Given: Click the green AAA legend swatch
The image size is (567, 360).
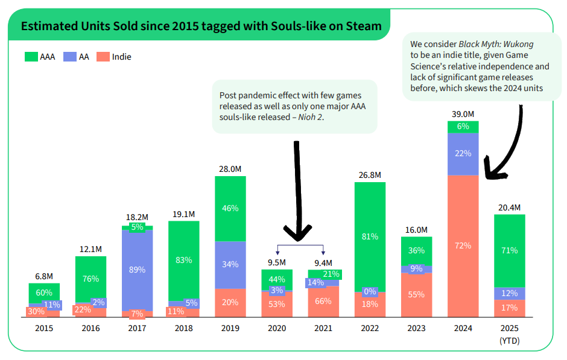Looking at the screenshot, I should click(x=31, y=57).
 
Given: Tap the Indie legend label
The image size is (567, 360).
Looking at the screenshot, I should click(x=121, y=57).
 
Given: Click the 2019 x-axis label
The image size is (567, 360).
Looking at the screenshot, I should click(x=230, y=329).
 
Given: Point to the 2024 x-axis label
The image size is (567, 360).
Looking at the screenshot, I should click(x=463, y=329).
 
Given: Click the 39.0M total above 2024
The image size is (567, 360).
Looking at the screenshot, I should click(x=463, y=114).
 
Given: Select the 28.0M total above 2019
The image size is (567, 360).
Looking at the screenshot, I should click(x=230, y=168).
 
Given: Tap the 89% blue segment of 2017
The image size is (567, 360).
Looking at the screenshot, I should click(x=137, y=270).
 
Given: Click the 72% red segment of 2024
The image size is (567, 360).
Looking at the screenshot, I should click(x=463, y=245).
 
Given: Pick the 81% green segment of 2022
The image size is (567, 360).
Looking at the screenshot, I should click(x=370, y=236).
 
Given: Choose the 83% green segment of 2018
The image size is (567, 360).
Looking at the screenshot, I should click(x=183, y=260).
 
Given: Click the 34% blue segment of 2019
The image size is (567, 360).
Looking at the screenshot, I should click(x=230, y=264).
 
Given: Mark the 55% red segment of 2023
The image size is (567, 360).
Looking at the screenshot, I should click(x=416, y=294).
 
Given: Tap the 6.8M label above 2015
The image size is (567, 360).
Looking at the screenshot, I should click(x=44, y=276).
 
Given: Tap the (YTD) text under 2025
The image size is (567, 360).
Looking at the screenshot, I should click(x=509, y=341).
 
